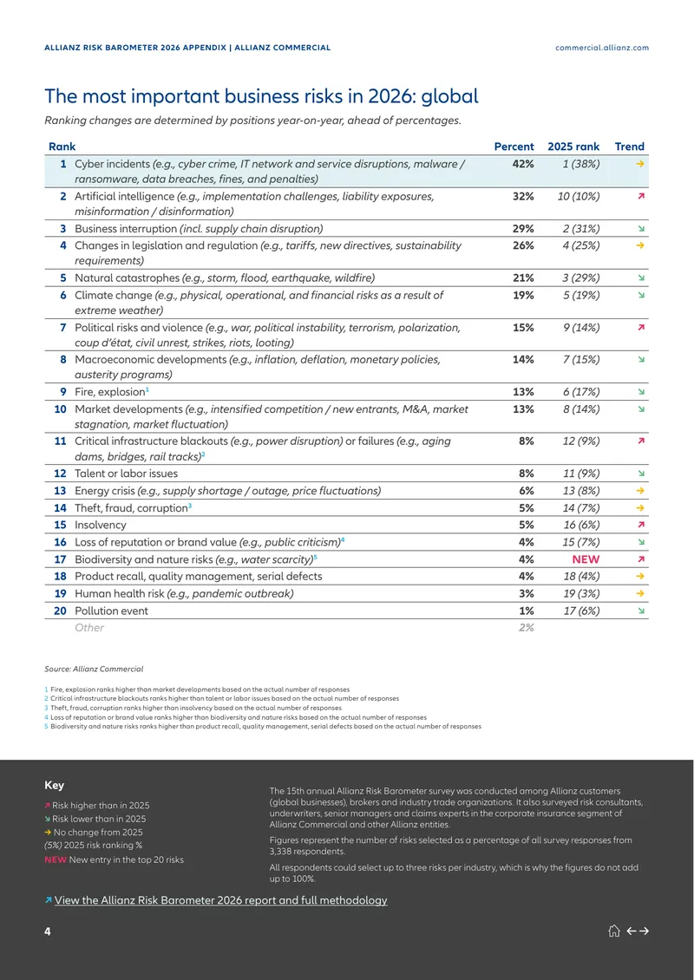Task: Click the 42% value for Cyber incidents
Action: tap(523, 165)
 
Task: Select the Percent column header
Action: tap(514, 147)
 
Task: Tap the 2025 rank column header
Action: tap(573, 147)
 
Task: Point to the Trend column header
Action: tap(630, 147)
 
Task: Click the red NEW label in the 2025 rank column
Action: tap(586, 559)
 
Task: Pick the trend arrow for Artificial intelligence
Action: tap(640, 197)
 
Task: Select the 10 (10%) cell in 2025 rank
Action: tap(579, 197)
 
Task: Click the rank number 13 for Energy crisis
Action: tap(60, 491)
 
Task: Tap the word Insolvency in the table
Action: tap(100, 525)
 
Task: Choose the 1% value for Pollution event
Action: tap(526, 611)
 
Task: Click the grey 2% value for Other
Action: tap(525, 628)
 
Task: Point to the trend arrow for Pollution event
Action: tap(640, 611)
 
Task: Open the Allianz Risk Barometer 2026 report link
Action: tap(220, 900)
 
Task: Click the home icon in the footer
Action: tap(613, 931)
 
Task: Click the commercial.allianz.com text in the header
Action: tap(602, 48)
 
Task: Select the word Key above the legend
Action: tap(54, 786)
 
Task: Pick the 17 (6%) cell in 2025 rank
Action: tap(581, 611)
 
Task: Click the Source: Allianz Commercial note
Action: tap(94, 670)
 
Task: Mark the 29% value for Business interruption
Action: tap(523, 229)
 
